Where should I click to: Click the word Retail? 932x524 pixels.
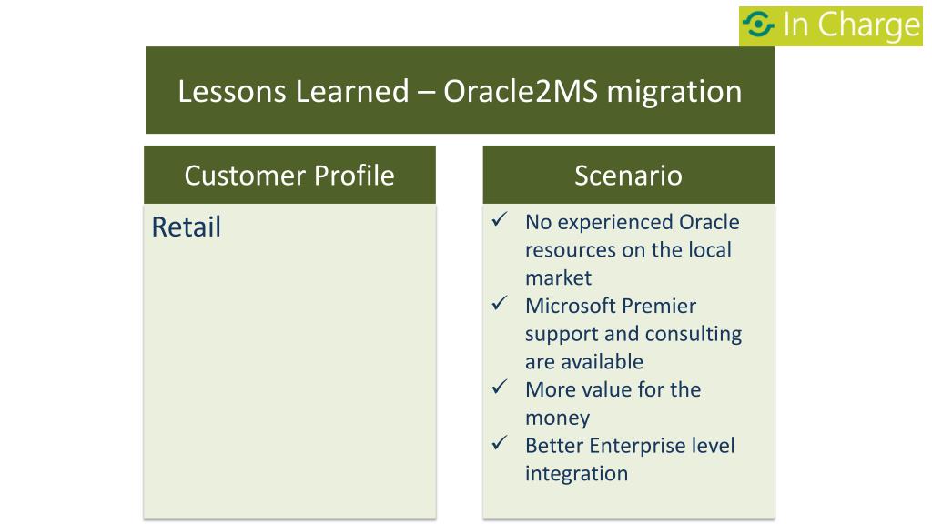[x=186, y=227]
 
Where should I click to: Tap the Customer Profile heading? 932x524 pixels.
[x=289, y=176]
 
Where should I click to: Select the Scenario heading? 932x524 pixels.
[x=628, y=176]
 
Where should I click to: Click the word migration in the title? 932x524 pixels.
[x=674, y=93]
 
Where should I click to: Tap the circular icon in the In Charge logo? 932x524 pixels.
[x=758, y=25]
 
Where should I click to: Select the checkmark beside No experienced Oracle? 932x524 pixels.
[x=500, y=219]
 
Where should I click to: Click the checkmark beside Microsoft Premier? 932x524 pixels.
[x=500, y=303]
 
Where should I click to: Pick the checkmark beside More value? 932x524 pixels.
[x=500, y=387]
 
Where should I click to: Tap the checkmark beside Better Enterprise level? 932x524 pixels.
[x=500, y=443]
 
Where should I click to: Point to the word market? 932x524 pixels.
[x=558, y=277]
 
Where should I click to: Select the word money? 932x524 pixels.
[x=558, y=418]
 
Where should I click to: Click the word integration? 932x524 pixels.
[x=576, y=473]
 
